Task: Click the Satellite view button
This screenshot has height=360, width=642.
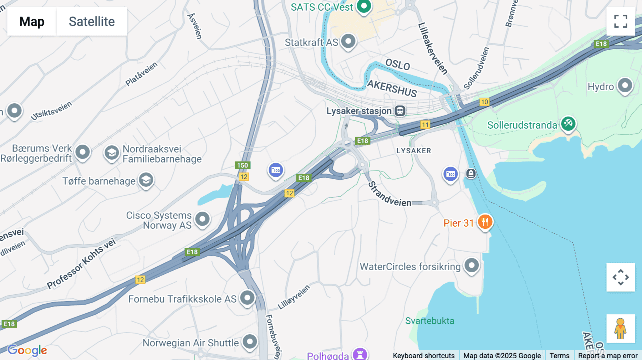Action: pos(92,21)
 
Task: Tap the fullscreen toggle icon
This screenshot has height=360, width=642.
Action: pos(621,21)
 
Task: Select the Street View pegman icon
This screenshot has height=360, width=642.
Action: pos(620,329)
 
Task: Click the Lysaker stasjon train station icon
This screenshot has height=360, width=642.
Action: pos(400,111)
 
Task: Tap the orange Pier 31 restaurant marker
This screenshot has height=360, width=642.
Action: pos(485,222)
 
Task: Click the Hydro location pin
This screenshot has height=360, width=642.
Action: pos(625,86)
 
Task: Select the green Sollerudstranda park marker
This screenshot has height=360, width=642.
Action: pos(568,124)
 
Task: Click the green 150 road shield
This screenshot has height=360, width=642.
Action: pos(243,165)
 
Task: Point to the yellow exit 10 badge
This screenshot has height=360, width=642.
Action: pos(484,102)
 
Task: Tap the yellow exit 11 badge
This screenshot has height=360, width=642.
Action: pos(425,125)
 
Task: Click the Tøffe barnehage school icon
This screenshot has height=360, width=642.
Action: pos(146,180)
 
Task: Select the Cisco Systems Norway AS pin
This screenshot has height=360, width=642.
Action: pos(202,218)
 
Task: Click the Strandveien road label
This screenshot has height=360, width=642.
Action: pos(389,195)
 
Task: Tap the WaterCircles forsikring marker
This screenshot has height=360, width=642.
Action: pos(472,265)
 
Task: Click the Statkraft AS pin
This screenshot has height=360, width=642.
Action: pos(348,41)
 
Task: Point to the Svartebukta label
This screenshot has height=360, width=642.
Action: pos(429,321)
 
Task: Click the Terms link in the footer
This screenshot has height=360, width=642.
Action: pos(559,355)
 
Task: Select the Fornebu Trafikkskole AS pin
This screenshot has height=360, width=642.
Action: pos(247,298)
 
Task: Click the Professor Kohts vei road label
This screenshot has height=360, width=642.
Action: pos(81,263)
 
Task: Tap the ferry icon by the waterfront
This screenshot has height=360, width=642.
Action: pos(471,174)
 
